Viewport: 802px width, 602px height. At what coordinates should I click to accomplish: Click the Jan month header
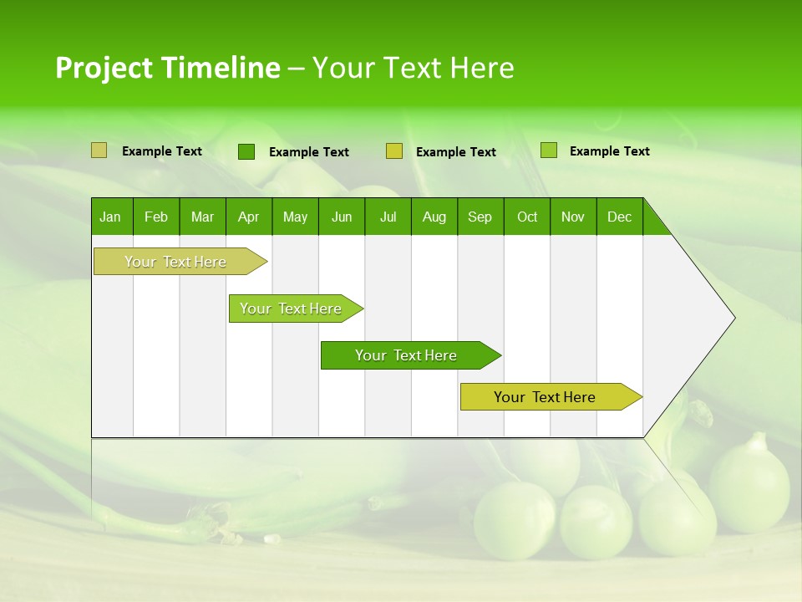point(110,217)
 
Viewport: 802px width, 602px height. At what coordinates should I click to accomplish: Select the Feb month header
point(156,217)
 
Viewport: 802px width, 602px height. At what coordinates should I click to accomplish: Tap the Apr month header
point(248,217)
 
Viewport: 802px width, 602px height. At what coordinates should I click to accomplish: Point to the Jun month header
point(342,217)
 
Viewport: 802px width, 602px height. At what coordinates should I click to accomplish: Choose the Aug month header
point(434,217)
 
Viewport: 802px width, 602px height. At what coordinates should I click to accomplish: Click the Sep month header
point(480,217)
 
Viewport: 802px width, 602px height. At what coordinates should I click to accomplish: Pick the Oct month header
point(527,217)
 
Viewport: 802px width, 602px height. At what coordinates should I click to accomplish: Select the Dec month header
point(619,217)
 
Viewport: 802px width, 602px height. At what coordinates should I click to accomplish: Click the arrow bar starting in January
point(175,262)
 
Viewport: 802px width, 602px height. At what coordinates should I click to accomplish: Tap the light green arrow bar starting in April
point(292,309)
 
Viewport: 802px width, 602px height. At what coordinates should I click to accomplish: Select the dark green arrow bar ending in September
point(406,355)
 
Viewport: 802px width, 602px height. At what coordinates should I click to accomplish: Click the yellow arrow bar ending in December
point(545,397)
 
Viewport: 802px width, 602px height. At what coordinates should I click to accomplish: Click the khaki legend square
point(99,150)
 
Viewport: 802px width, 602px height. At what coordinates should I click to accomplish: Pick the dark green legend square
point(246,151)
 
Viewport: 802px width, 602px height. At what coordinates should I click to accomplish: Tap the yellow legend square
point(394,151)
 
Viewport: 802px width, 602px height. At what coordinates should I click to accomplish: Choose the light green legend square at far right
point(549,150)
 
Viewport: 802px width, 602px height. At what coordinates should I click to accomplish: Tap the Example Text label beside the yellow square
point(456,152)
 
